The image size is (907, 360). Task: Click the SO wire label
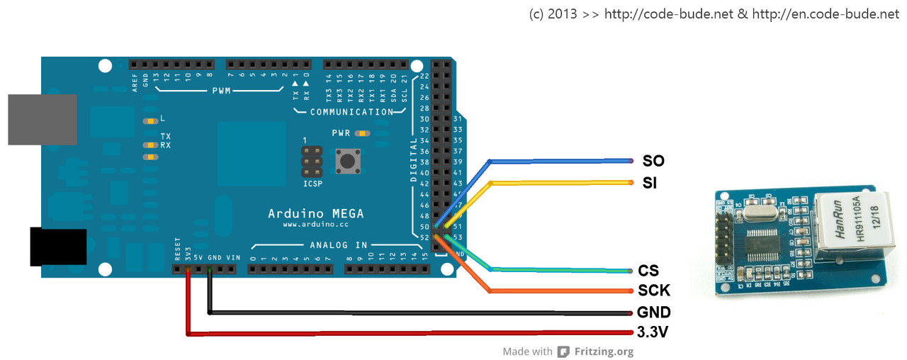click(653, 161)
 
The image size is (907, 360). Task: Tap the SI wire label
click(649, 183)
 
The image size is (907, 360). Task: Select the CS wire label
click(648, 271)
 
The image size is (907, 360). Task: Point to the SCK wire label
click(654, 291)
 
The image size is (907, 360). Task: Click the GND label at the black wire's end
click(654, 313)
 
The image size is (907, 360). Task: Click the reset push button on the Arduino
click(347, 161)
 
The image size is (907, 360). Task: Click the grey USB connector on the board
click(42, 120)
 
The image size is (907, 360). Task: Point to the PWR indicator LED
click(363, 133)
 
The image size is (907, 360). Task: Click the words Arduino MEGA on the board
click(315, 213)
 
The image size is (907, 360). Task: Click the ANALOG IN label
click(338, 245)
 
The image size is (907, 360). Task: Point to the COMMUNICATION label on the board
click(351, 112)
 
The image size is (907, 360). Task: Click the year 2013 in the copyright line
click(563, 14)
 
